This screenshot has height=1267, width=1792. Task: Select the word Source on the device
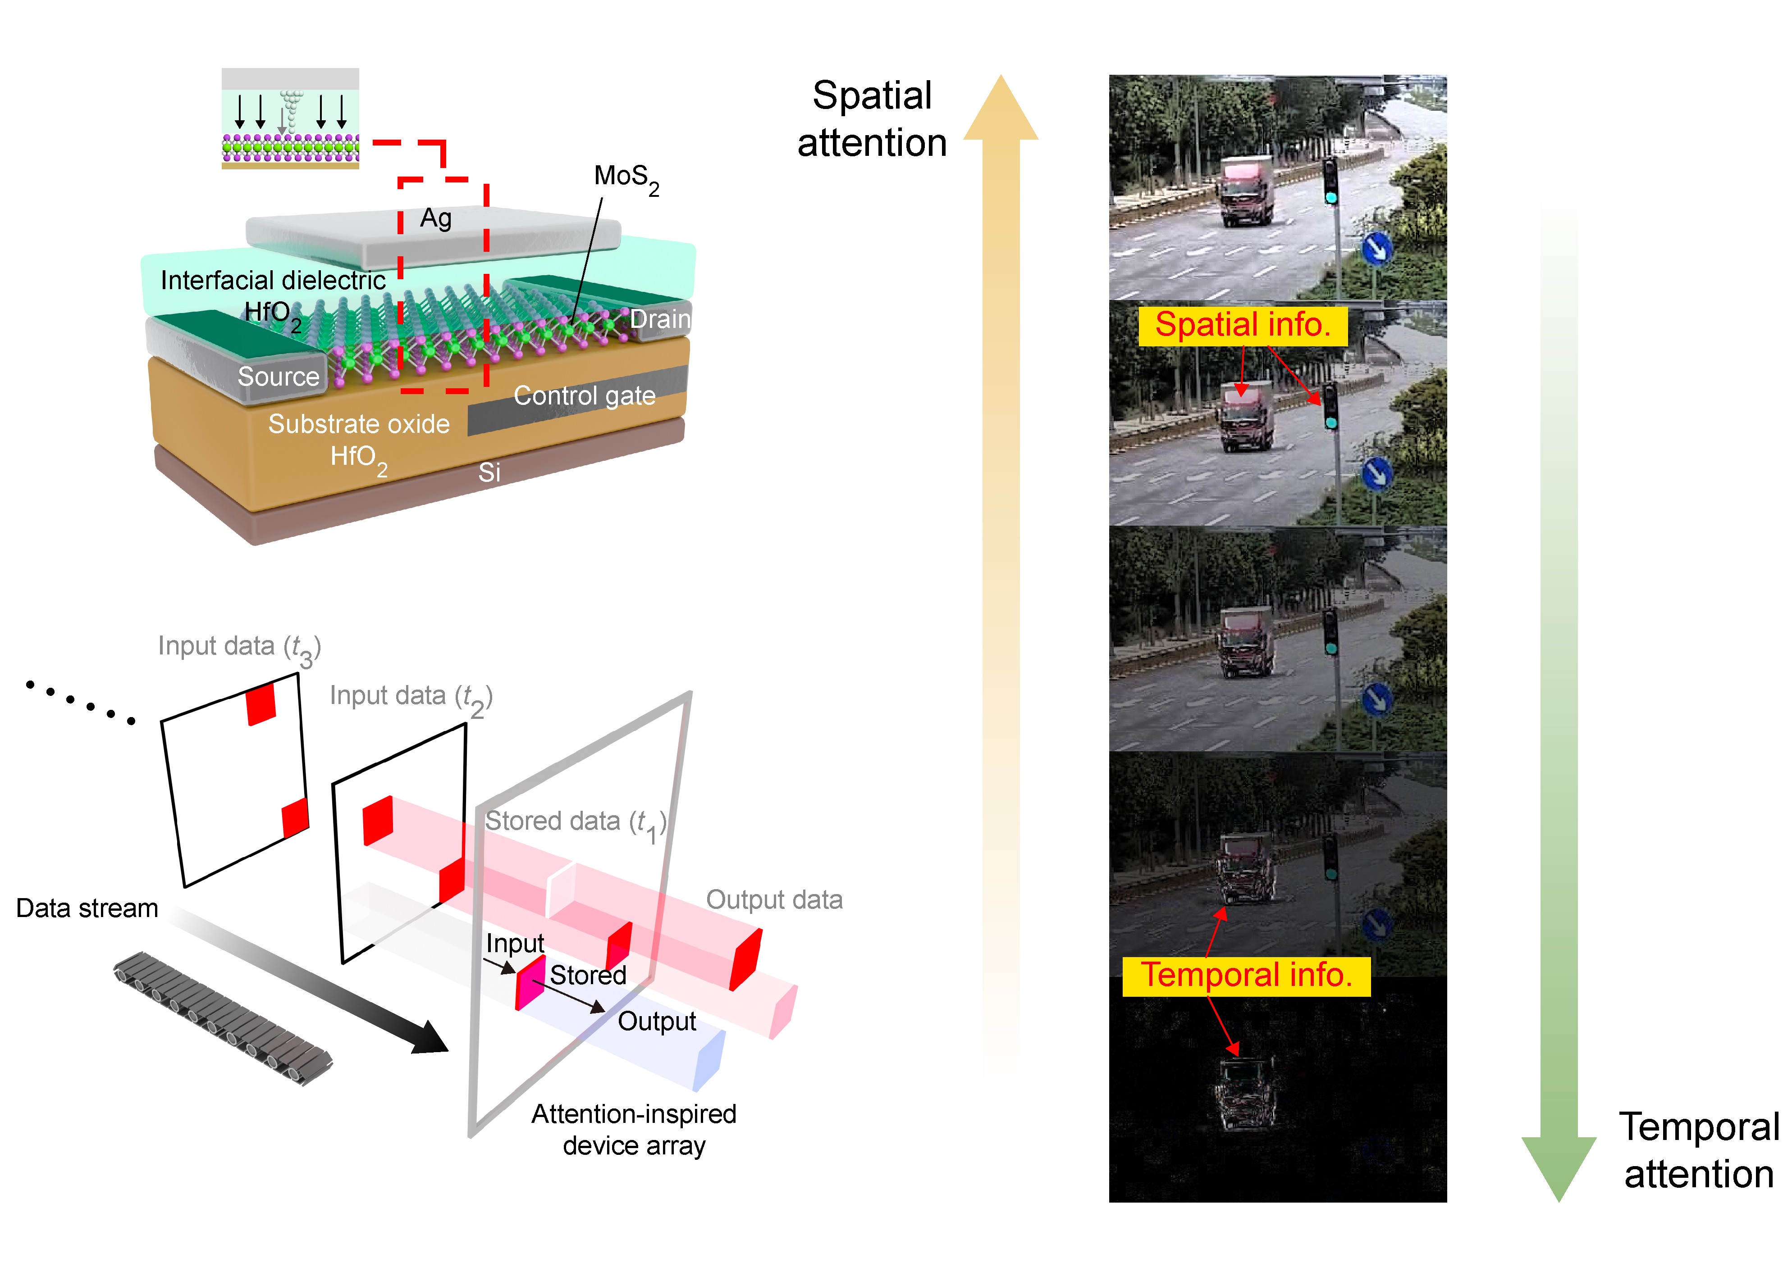pos(279,377)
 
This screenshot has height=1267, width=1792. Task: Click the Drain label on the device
pos(659,319)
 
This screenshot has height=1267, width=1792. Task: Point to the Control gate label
pos(584,395)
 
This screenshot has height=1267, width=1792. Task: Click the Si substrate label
pos(489,472)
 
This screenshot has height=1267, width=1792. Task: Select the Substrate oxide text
pos(359,424)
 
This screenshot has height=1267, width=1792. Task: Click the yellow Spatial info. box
pos(1243,325)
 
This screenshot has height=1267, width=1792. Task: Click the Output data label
pos(774,899)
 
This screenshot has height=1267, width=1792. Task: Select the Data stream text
pos(87,908)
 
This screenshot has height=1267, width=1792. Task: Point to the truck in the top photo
pos(1247,191)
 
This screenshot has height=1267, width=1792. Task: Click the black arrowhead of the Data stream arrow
pos(429,1038)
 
